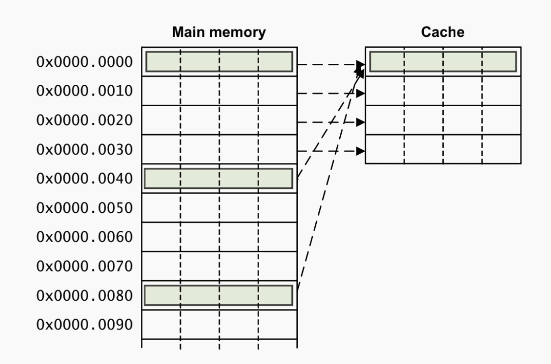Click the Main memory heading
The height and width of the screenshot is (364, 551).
219,33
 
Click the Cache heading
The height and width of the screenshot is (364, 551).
442,33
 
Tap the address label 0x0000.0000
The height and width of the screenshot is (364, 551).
85,62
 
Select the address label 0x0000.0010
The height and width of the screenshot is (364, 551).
85,91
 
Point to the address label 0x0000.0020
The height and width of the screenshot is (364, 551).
85,121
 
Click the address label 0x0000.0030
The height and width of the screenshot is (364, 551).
85,150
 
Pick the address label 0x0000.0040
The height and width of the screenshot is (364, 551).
85,179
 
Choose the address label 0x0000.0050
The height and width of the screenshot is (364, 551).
85,208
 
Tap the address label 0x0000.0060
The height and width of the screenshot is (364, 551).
85,237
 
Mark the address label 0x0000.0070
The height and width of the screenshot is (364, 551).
85,266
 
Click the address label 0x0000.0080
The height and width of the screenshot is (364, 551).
85,296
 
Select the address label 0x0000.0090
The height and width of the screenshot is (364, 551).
85,325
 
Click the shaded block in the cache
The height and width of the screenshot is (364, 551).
442,62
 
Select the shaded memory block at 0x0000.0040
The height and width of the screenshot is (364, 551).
219,179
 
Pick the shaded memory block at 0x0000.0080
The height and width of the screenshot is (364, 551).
219,296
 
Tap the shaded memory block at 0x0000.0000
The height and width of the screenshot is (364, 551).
219,62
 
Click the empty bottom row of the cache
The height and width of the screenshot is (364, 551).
442,149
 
